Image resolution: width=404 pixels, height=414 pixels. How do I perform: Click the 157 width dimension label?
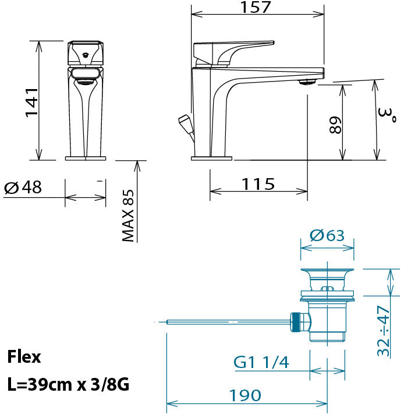(256, 7)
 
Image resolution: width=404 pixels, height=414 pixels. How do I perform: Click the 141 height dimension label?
(32, 102)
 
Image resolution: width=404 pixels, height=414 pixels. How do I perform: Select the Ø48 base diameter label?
(23, 187)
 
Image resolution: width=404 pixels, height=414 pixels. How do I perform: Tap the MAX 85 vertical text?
(128, 215)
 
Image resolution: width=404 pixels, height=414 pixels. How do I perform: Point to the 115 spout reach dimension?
(258, 184)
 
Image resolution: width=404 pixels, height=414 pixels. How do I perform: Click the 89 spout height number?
(336, 125)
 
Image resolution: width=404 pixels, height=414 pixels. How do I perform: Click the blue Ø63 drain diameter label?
(327, 235)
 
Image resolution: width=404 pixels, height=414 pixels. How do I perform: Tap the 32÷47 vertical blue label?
(384, 331)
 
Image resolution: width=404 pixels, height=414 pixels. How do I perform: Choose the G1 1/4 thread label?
(261, 362)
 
